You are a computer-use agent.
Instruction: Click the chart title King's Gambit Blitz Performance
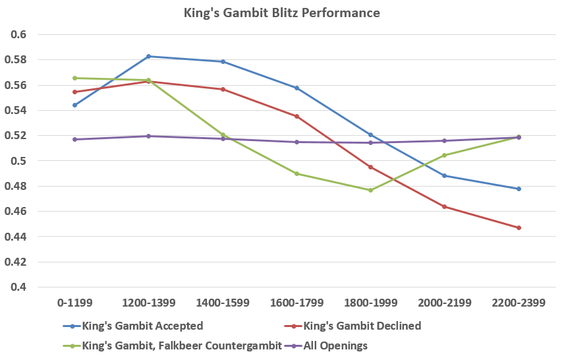pyautogui.click(x=282, y=13)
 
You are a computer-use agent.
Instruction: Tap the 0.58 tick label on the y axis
pyautogui.click(x=18, y=60)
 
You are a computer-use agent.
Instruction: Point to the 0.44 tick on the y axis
pyautogui.click(x=18, y=237)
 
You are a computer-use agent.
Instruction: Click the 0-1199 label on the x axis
pyautogui.click(x=74, y=303)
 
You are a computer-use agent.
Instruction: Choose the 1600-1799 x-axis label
pyautogui.click(x=296, y=303)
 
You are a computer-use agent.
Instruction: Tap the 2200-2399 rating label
pyautogui.click(x=519, y=303)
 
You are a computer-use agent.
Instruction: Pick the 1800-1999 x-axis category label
pyautogui.click(x=370, y=303)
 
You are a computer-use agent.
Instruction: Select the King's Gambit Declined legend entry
pyautogui.click(x=362, y=326)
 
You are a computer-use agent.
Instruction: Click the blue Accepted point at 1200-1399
pyautogui.click(x=148, y=57)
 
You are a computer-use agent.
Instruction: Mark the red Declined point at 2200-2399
pyautogui.click(x=519, y=228)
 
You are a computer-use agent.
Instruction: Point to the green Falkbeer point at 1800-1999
pyautogui.click(x=370, y=190)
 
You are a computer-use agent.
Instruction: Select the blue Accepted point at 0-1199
pyautogui.click(x=74, y=105)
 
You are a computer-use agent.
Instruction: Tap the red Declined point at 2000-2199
pyautogui.click(x=445, y=207)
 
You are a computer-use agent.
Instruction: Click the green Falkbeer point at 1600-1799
pyautogui.click(x=296, y=173)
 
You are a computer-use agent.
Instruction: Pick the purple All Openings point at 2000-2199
pyautogui.click(x=445, y=140)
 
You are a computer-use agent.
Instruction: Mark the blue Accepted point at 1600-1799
pyautogui.click(x=296, y=88)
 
